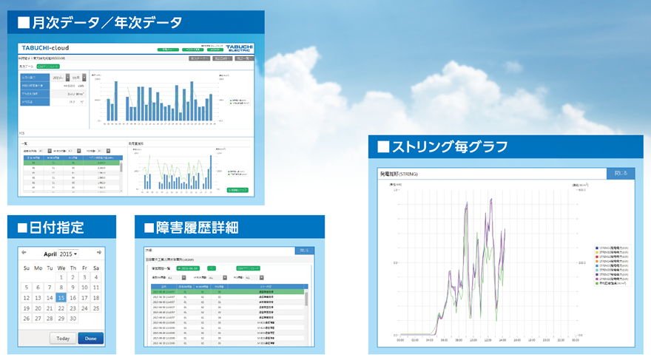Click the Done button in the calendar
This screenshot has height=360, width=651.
(90, 339)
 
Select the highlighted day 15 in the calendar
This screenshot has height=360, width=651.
(61, 298)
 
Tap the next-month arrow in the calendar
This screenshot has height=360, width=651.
(98, 253)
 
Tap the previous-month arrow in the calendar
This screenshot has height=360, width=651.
(24, 253)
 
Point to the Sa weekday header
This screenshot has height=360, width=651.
(96, 268)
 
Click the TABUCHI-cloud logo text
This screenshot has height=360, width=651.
(45, 48)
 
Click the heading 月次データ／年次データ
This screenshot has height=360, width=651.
(99, 23)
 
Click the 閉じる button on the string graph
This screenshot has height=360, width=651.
(620, 174)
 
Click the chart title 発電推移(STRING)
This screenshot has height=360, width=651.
(399, 174)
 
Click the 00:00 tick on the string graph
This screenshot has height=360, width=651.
(400, 342)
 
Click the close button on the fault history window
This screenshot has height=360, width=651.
(303, 251)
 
